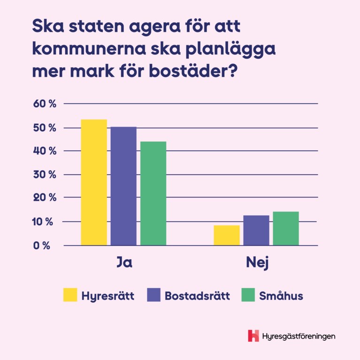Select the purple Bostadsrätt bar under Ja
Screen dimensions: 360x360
point(123,186)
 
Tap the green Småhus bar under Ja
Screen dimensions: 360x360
point(153,193)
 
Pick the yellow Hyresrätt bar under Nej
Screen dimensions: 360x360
point(227,235)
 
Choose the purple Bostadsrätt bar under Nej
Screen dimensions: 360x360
point(256,230)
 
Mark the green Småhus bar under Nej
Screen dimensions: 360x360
point(286,228)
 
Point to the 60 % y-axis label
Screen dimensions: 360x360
point(45,104)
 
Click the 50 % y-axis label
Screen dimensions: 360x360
point(45,128)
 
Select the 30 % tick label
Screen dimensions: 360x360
point(45,175)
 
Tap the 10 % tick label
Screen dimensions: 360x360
point(45,222)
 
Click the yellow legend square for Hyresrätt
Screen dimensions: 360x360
point(70,296)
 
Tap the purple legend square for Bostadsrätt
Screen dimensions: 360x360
point(154,296)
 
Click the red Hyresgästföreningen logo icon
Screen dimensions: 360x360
point(253,336)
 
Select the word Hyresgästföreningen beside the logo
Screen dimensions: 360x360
point(299,336)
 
